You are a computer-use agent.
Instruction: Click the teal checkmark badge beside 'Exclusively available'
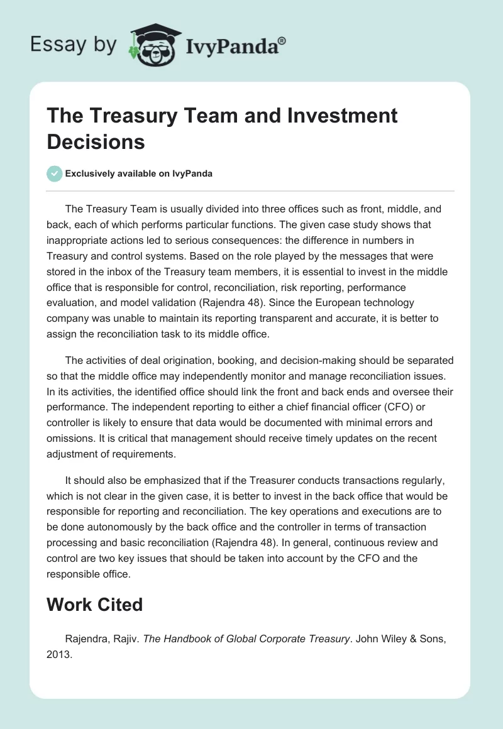[x=55, y=173]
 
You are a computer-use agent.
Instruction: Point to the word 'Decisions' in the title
[x=96, y=141]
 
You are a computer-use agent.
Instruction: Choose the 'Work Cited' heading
[x=95, y=605]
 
